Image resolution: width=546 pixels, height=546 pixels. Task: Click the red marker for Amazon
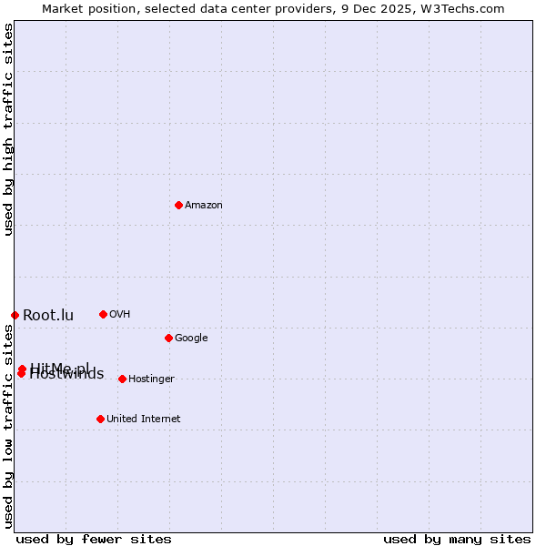point(178,205)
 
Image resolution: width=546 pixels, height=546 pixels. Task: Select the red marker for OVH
point(103,314)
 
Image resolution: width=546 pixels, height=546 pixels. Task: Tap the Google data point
point(168,338)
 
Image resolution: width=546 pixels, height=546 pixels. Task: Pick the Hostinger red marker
point(122,379)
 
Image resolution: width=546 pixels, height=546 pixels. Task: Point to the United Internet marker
point(100,419)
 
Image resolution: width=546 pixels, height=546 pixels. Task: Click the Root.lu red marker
point(15,315)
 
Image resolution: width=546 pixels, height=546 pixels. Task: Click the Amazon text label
point(204,206)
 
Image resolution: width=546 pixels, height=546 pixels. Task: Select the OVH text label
point(119,315)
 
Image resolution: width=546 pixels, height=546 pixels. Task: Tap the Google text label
point(191,339)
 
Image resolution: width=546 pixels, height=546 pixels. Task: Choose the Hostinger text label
point(151,379)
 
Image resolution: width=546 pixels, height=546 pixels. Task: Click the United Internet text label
point(143,420)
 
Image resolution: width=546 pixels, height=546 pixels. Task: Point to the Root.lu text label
point(48,316)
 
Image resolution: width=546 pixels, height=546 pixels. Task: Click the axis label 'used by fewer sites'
point(94,539)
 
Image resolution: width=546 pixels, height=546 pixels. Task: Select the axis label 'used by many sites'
point(457,539)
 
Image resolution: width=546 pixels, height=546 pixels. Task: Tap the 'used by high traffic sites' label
point(8,129)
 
